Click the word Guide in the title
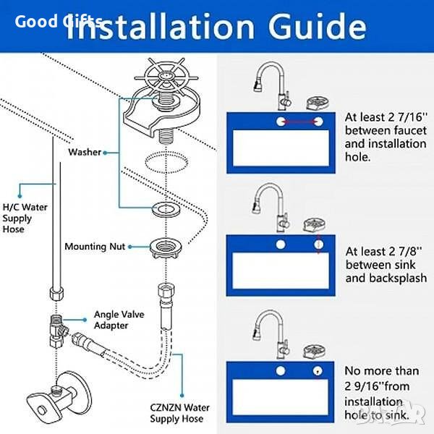click(x=318, y=26)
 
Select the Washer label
click(x=85, y=152)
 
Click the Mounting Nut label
click(x=95, y=247)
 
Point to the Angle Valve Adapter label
click(x=119, y=320)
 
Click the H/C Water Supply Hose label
click(x=25, y=218)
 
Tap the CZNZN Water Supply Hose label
click(x=180, y=413)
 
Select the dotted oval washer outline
click(x=166, y=162)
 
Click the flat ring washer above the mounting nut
click(x=166, y=210)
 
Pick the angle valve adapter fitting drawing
click(x=59, y=331)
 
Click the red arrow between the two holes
click(x=299, y=122)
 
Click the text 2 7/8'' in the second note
click(x=405, y=251)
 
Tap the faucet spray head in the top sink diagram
click(x=258, y=85)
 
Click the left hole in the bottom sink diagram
click(x=281, y=371)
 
